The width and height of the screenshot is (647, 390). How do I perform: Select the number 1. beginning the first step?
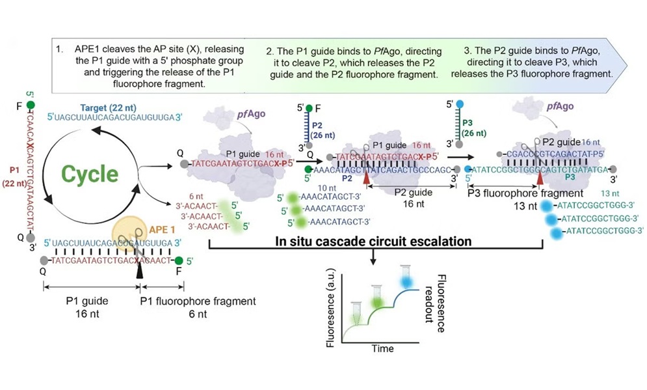(x=60, y=49)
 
